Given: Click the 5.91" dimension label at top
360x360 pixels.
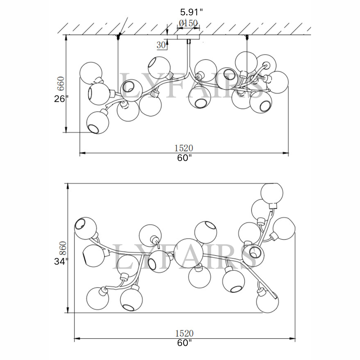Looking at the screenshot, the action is [x=191, y=12].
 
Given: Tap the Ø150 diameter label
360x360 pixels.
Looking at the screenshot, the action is [x=188, y=23].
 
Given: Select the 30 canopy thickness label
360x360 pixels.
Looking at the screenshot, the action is [x=161, y=45].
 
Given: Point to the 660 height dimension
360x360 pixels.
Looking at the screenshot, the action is [x=61, y=83].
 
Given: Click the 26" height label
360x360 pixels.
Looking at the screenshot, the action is [x=61, y=99].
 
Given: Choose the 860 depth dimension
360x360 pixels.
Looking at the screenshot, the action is [x=62, y=248].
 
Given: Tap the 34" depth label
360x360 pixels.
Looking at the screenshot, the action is [x=61, y=261].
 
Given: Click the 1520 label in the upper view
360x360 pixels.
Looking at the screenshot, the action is [x=184, y=148].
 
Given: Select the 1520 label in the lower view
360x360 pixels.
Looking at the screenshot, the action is [x=184, y=333].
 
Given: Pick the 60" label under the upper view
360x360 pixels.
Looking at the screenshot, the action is [x=184, y=158].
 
